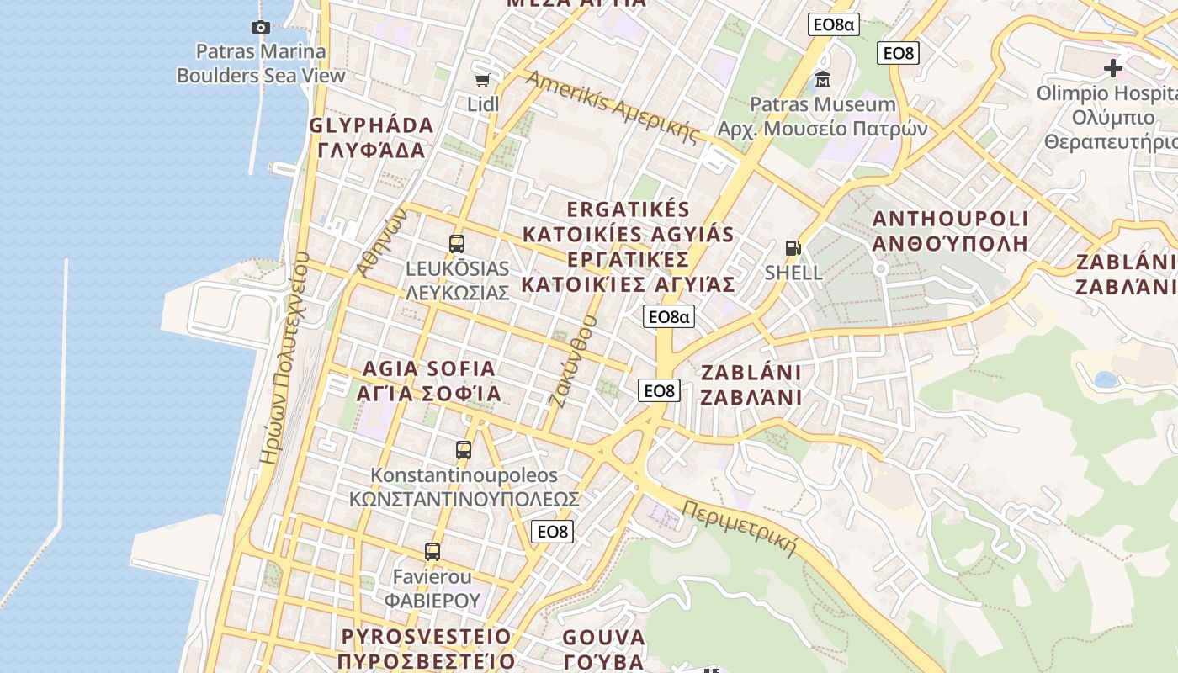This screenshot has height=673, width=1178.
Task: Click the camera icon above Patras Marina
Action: [261, 27]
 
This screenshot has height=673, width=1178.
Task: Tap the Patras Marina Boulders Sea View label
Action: [261, 63]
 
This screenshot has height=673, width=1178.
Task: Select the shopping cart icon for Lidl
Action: [483, 80]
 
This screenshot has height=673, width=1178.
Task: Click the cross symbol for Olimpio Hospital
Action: [1113, 67]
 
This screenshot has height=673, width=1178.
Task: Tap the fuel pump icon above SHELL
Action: [793, 248]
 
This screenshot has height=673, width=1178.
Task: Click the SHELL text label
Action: [793, 273]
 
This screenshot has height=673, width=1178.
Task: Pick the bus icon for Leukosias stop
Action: [457, 244]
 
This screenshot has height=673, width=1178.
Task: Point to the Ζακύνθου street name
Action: [572, 361]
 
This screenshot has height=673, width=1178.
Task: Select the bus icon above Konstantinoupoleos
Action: [464, 449]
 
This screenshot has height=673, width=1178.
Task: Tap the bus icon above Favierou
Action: [432, 552]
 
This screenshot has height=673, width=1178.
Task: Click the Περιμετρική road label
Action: [740, 529]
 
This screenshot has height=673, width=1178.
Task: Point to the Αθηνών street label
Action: [381, 241]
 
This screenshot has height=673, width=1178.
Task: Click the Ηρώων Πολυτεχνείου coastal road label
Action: [286, 358]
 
